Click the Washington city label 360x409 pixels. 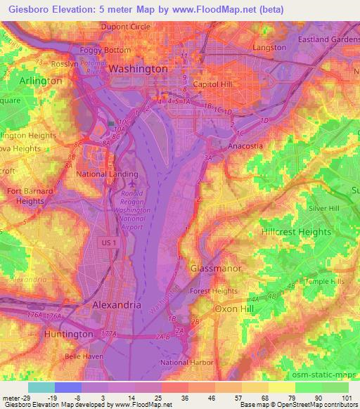[138, 69]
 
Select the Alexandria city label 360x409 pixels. [117, 306]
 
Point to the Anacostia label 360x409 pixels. [245, 146]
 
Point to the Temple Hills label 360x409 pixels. [323, 281]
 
